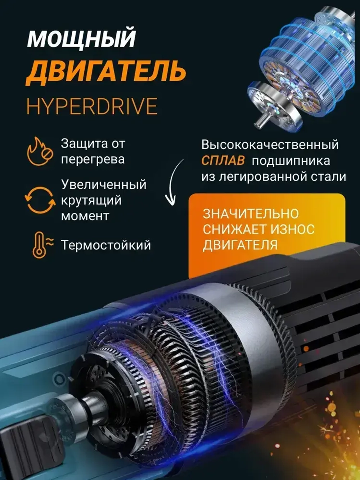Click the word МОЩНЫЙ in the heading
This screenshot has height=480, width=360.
tap(81, 39)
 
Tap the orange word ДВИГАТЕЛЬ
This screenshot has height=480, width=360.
tap(106, 71)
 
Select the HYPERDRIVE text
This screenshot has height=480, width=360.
tap(92, 106)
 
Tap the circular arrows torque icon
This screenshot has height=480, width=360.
tap(40, 200)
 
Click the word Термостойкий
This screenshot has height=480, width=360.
tap(106, 245)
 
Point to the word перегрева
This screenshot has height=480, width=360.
tap(93, 159)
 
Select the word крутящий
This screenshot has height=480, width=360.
tap(91, 200)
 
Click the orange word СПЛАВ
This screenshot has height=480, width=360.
tap(223, 161)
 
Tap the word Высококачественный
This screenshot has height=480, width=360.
tap(270, 145)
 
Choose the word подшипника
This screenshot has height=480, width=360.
tap(291, 161)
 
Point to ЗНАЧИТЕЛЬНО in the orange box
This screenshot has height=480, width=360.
tap(251, 214)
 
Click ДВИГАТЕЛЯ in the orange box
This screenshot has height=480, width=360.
tap(240, 245)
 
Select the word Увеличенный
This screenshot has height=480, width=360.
tap(104, 184)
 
